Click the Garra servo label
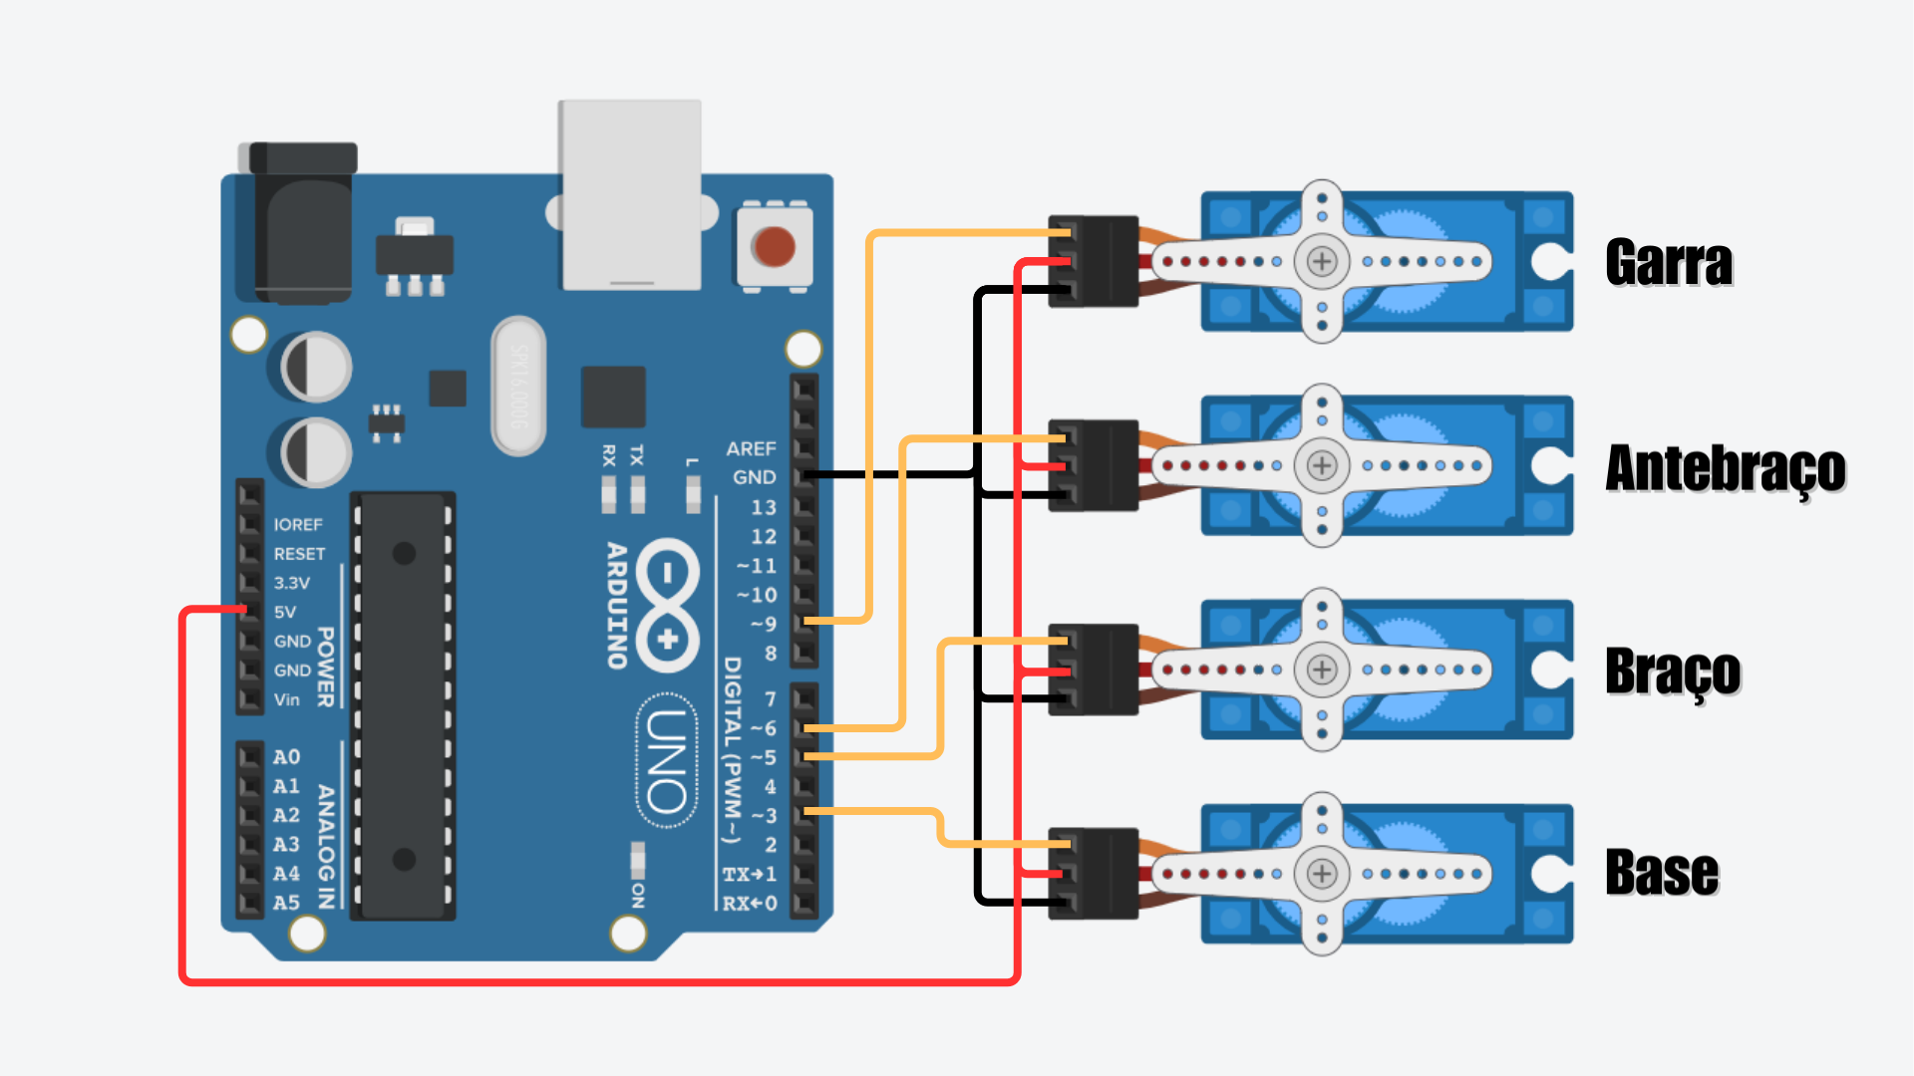coord(1669,263)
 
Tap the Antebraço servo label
coord(1726,468)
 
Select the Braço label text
coord(1673,672)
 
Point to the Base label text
coord(1662,874)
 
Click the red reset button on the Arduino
coord(774,246)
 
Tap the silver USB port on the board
coord(631,194)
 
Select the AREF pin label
coord(751,449)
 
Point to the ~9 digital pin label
coord(763,625)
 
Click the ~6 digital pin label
coord(763,729)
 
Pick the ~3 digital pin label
coord(763,816)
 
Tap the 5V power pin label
coord(285,613)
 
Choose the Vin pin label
coord(287,700)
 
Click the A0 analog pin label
coord(286,757)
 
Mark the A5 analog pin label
coord(286,903)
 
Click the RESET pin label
coord(299,554)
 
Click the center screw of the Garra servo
coord(1322,262)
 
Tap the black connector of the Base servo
coord(1094,874)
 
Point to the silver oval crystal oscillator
coord(518,386)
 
